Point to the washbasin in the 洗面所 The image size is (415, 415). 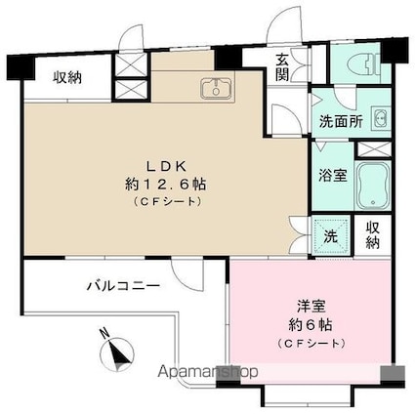point(380,118)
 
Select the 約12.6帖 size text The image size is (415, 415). point(166,185)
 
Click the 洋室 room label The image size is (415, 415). point(311,307)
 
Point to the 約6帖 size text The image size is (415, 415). point(311,325)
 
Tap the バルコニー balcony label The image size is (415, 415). point(123,286)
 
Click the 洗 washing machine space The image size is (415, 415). point(331,235)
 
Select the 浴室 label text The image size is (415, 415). point(333,176)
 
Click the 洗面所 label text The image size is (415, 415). point(341,122)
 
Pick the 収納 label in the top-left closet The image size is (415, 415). point(67,77)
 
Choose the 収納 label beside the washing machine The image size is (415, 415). point(373,235)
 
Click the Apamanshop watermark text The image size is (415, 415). point(208,372)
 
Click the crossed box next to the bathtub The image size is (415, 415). point(374,149)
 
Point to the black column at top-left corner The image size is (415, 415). point(21,67)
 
